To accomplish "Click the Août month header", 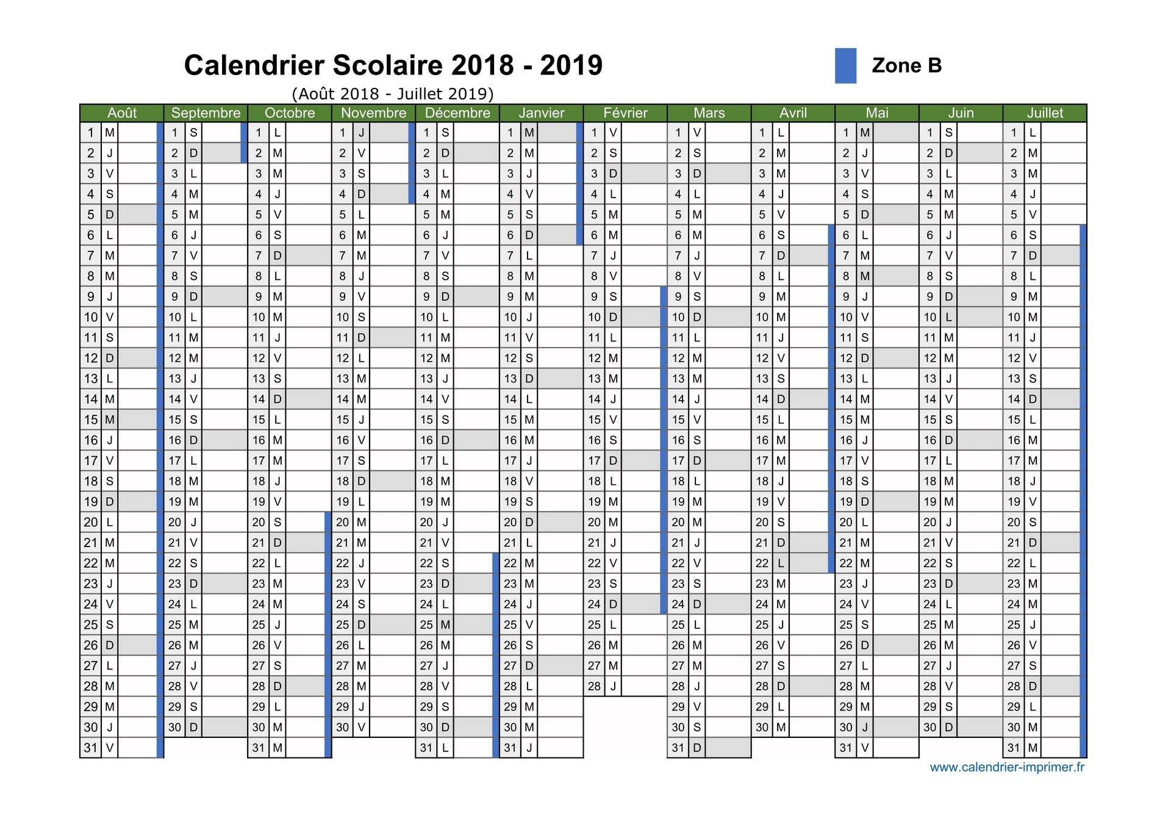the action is [x=122, y=113].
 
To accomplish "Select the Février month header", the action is [x=625, y=113].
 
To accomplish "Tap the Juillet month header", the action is [x=1045, y=113].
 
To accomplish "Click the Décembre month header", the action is [x=457, y=113].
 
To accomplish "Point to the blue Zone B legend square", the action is [x=845, y=66].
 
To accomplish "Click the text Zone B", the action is [x=907, y=65].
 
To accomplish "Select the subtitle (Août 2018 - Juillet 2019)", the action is [x=393, y=94].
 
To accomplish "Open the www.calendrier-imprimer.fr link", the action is [x=1007, y=767].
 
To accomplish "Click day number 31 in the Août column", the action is [x=91, y=748].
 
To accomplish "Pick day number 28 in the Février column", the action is [x=595, y=686].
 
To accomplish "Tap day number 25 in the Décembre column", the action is [x=426, y=625].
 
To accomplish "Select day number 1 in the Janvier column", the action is [x=510, y=132].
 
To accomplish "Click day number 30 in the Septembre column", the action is [x=175, y=727].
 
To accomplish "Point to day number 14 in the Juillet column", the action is [x=1014, y=399].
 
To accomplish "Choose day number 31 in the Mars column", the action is [x=678, y=748].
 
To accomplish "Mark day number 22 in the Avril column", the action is [x=762, y=563].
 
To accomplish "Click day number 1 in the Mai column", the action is [x=846, y=132].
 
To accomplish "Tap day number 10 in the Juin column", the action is [x=930, y=317].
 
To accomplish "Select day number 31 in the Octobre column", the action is [x=259, y=748].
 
